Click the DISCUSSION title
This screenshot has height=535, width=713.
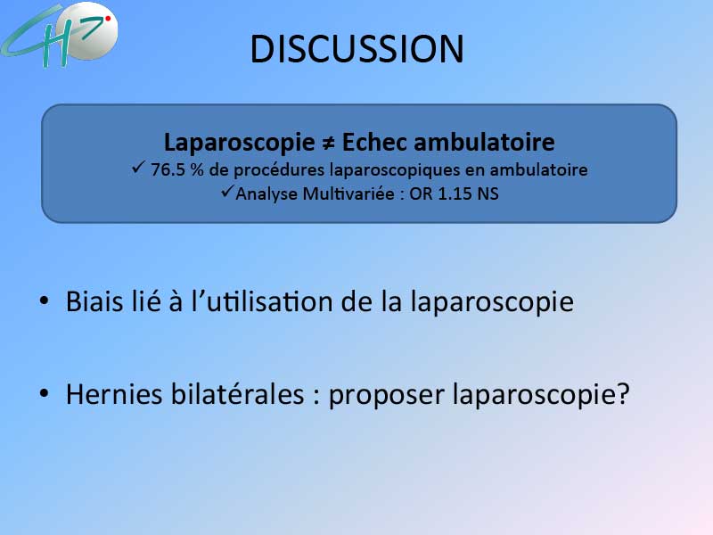point(357,49)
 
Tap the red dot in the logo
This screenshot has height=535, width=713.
point(108,19)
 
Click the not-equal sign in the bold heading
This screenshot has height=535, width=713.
point(328,143)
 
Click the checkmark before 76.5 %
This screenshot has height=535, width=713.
point(138,167)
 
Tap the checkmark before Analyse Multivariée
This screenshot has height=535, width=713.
point(227,191)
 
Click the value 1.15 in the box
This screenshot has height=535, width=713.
point(455,193)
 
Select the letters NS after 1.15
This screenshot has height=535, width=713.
point(488,193)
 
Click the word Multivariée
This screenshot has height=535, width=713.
point(348,193)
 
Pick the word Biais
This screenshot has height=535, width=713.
point(94,301)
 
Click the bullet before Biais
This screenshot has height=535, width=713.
point(44,300)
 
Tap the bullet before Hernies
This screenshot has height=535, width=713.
point(44,392)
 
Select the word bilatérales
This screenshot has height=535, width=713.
point(237,393)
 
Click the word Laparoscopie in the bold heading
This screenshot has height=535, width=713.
point(239,144)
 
